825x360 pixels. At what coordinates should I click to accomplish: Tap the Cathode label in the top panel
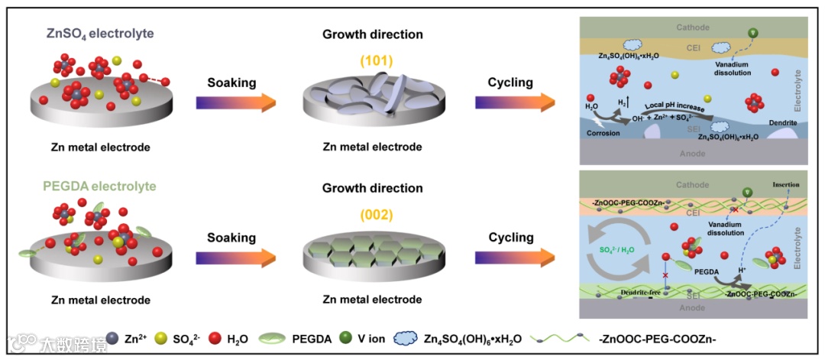click(x=693, y=28)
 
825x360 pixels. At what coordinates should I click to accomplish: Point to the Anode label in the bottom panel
click(x=693, y=308)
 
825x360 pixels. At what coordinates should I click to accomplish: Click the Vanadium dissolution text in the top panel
click(x=739, y=68)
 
